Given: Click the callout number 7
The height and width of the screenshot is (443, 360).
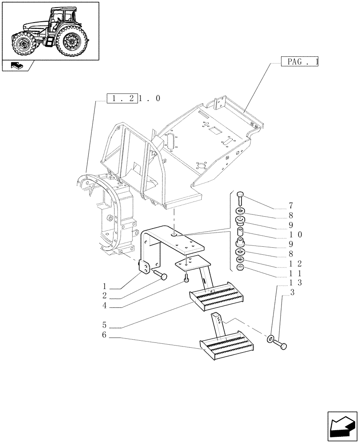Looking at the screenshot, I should coord(291,206).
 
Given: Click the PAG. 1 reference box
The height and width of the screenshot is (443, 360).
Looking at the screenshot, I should coord(300,62).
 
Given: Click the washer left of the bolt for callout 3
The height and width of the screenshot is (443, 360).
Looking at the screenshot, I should coord(270,339).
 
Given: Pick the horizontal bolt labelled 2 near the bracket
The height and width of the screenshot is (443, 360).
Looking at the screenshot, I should coord(161,276).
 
